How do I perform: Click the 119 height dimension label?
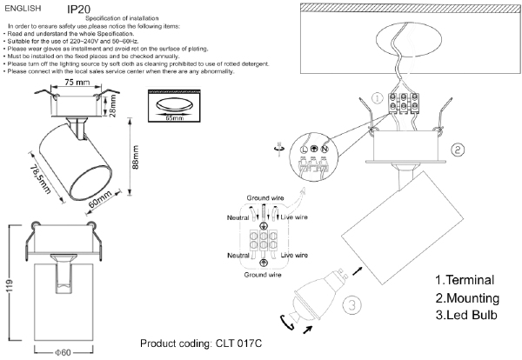[x=9, y=288]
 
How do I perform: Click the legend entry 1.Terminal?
[x=465, y=281]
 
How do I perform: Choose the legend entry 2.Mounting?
[x=466, y=297]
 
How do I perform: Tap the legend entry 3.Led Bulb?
[x=465, y=314]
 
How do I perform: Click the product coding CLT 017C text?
[x=201, y=343]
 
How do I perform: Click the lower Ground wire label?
[x=263, y=274]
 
